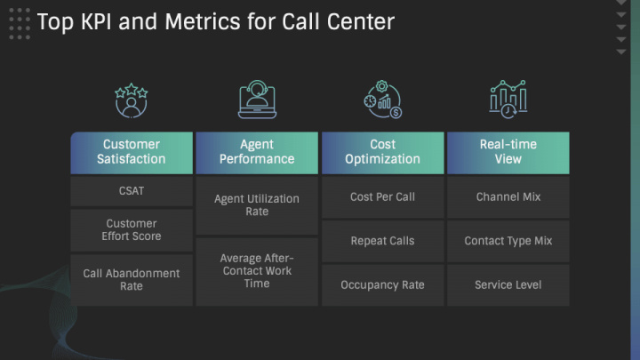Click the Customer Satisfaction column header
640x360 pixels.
point(132,153)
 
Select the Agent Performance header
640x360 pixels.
point(257,153)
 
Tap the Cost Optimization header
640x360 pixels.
point(382,153)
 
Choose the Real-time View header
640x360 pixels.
point(508,153)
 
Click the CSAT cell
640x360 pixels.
point(132,191)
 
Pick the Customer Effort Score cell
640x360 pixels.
point(132,230)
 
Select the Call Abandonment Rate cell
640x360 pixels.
point(132,280)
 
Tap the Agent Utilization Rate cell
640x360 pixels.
point(257,205)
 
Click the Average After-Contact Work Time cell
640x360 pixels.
point(257,271)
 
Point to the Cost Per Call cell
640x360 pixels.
point(382,197)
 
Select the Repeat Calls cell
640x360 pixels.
point(382,241)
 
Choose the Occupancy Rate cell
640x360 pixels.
point(382,285)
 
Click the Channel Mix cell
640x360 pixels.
point(508,197)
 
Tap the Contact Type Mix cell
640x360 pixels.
point(508,241)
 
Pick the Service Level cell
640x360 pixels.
point(508,285)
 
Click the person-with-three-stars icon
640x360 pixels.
point(131,100)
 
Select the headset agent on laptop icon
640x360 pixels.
point(257,100)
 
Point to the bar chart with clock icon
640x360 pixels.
point(508,100)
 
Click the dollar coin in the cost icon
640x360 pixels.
point(396,113)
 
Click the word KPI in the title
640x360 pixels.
point(96,21)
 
